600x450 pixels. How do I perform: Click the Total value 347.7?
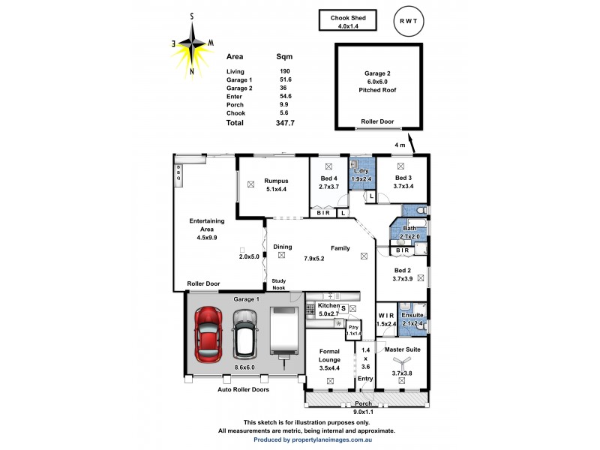(x=285, y=122)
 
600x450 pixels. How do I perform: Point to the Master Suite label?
(x=402, y=349)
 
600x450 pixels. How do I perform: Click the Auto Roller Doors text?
(x=243, y=390)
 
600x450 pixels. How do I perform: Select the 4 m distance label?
(x=400, y=144)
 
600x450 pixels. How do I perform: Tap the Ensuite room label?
(x=413, y=316)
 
